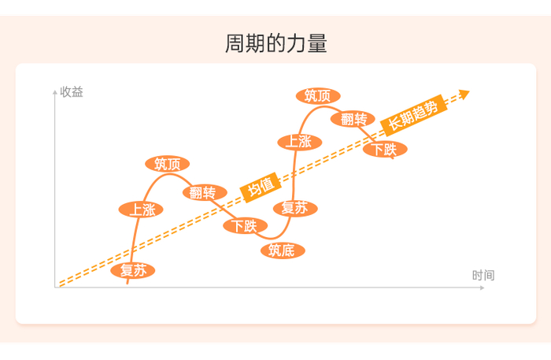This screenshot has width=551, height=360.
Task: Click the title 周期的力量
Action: click(x=275, y=43)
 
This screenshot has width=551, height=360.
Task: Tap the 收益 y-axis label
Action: click(x=72, y=92)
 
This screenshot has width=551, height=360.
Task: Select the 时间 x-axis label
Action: click(x=483, y=275)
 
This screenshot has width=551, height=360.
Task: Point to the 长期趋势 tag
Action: click(x=413, y=114)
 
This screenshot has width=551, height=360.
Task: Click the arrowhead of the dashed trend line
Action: click(x=464, y=95)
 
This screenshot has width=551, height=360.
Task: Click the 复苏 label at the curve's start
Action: click(x=133, y=271)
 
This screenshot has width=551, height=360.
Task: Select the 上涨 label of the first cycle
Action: click(x=142, y=210)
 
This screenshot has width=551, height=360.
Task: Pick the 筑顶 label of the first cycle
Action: click(x=168, y=164)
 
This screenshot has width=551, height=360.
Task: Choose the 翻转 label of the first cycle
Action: click(x=204, y=193)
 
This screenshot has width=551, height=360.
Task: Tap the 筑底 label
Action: click(x=282, y=251)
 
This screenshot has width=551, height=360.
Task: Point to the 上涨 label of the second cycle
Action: click(x=299, y=142)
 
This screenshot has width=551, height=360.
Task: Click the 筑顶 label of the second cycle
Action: click(x=318, y=96)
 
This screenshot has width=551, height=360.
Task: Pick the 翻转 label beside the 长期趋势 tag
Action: click(x=353, y=119)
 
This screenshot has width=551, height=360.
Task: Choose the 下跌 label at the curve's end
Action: click(x=385, y=149)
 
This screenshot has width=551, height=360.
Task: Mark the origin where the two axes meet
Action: click(x=55, y=288)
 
